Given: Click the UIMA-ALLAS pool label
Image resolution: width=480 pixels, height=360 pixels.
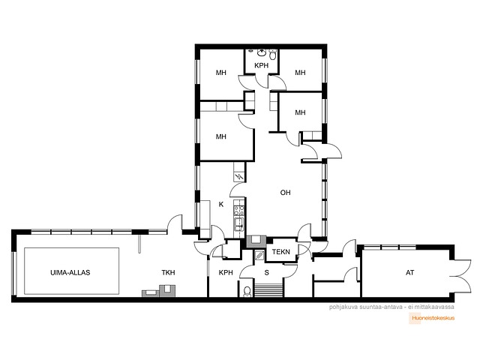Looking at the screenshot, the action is click(70, 272).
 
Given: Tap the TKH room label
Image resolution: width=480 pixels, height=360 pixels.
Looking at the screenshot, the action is click(168, 272).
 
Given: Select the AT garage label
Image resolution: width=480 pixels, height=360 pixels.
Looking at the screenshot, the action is click(409, 272).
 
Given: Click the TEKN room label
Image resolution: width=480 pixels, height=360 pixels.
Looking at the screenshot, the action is click(280, 252).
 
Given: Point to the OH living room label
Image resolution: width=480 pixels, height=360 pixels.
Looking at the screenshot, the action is click(285, 193).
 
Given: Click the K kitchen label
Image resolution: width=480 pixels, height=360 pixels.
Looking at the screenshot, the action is click(221, 205).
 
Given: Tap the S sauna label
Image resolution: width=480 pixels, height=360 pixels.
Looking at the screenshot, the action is click(267, 272).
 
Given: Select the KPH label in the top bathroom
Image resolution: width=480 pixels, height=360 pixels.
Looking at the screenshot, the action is click(262, 65).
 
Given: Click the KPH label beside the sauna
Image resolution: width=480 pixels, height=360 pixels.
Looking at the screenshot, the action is click(226, 272).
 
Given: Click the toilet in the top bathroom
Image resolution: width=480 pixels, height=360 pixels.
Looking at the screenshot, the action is click(272, 55).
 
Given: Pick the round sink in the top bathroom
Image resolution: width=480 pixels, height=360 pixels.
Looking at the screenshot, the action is click(262, 53).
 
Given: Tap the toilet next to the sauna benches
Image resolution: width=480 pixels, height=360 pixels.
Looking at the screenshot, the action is click(247, 292).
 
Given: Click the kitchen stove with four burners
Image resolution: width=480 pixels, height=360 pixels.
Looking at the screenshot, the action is click(239, 210).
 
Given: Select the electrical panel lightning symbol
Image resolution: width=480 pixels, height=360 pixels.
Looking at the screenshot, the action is click(239, 177).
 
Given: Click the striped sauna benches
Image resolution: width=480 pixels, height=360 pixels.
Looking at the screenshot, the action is click(268, 290).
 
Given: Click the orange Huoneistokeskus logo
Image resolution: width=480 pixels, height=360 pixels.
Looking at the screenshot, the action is click(433, 318).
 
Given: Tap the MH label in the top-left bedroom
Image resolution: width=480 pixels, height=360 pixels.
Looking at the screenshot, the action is click(221, 73).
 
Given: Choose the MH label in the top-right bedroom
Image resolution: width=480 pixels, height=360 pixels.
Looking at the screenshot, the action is click(300, 73).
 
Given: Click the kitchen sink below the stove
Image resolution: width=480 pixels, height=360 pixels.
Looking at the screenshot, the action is click(238, 223).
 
